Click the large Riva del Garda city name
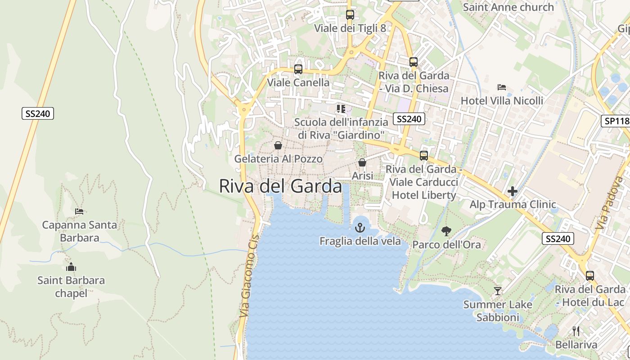click(x=280, y=186)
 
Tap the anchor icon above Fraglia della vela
click(x=360, y=228)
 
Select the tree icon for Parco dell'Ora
click(x=446, y=231)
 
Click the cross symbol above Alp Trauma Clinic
click(x=512, y=192)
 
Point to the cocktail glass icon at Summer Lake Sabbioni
click(x=497, y=291)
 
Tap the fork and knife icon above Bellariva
click(x=576, y=331)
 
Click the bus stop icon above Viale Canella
click(x=298, y=69)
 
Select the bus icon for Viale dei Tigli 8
click(x=350, y=15)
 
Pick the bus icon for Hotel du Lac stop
click(x=589, y=275)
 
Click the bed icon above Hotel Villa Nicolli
click(x=502, y=87)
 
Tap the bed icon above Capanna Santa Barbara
click(x=79, y=211)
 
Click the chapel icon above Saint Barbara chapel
click(x=71, y=267)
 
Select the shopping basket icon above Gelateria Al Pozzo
click(x=278, y=145)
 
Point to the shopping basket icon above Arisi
click(x=362, y=162)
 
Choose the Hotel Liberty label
click(x=424, y=195)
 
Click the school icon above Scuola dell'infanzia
click(x=341, y=109)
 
